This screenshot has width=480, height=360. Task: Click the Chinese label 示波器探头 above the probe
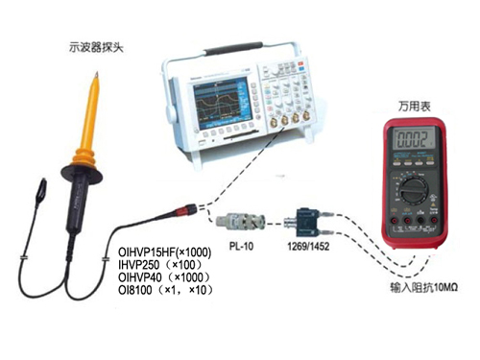tap(96, 48)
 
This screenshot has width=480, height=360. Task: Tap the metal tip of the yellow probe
tap(96, 75)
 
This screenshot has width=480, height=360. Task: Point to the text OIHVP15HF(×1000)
tap(165, 252)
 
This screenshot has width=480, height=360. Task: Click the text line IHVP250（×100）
tap(161, 265)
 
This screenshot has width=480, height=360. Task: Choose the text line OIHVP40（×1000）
tap(165, 277)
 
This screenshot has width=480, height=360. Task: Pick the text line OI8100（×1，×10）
tap(166, 290)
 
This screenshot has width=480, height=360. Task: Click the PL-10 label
tap(241, 246)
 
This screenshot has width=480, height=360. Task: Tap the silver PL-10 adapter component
tap(240, 221)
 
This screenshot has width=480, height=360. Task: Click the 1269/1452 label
tap(308, 247)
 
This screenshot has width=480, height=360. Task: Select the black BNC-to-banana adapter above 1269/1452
tap(307, 223)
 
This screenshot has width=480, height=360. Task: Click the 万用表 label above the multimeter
tap(414, 107)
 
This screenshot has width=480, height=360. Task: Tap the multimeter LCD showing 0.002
tap(414, 139)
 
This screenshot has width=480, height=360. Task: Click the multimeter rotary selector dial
tap(415, 191)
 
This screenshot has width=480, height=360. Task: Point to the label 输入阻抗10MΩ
tap(423, 287)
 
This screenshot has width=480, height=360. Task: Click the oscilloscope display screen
tap(221, 103)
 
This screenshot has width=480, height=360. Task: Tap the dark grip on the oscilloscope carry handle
tap(233, 47)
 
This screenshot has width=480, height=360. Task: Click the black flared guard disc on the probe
tap(82, 174)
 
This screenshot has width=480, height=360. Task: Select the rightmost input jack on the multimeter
tap(434, 220)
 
